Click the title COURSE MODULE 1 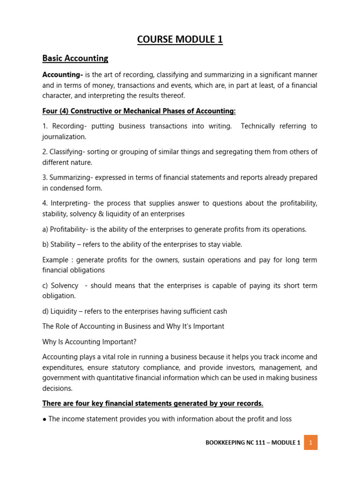tap(180, 40)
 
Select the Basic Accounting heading tap(75, 59)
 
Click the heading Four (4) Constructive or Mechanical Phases tap(139, 111)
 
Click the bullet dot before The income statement tap(44, 419)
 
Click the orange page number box tap(310, 442)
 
